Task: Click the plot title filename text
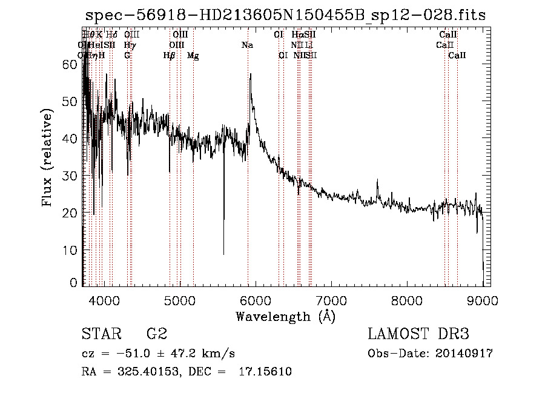[x=285, y=15]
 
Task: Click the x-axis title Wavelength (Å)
[x=285, y=316]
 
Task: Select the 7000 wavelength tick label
[x=331, y=300]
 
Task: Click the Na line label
[x=247, y=45]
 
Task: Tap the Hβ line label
[x=169, y=55]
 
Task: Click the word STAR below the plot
[x=101, y=334]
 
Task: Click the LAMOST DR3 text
[x=418, y=334]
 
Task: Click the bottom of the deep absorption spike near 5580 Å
[x=224, y=254]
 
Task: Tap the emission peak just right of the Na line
[x=249, y=74]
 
